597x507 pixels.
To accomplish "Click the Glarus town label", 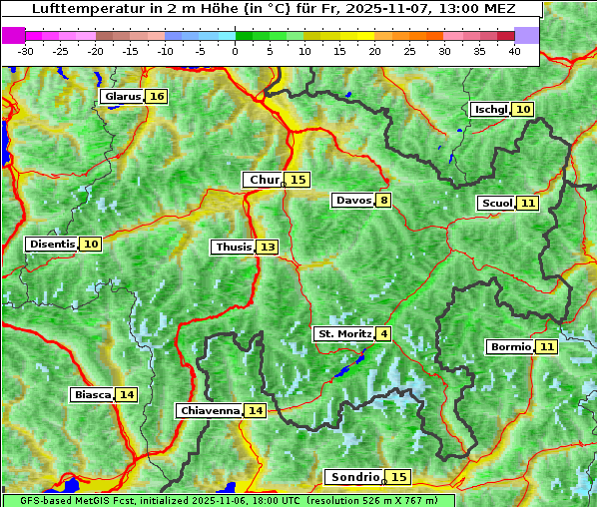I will point(122,97).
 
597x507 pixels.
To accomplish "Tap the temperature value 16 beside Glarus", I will point(156,97).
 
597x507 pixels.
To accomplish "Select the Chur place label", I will point(265,180).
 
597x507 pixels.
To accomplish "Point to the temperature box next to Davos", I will point(383,200).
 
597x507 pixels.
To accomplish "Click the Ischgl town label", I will point(490,109).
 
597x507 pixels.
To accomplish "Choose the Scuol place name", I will point(496,204).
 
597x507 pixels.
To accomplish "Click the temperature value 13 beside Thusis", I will point(268,247).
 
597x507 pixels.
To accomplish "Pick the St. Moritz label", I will point(344,333).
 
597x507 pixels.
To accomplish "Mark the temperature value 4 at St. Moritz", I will point(383,333).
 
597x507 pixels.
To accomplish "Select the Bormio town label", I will point(510,347).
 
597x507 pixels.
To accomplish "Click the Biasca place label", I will point(93,394).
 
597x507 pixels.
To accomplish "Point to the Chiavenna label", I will point(210,410).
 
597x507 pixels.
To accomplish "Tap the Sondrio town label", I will point(355,477).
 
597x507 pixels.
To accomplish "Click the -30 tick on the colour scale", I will point(26,51).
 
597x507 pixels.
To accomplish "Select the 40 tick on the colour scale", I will point(514,51).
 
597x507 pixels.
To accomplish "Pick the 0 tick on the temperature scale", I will point(235,51).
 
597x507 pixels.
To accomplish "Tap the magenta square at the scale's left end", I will point(14,34).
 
